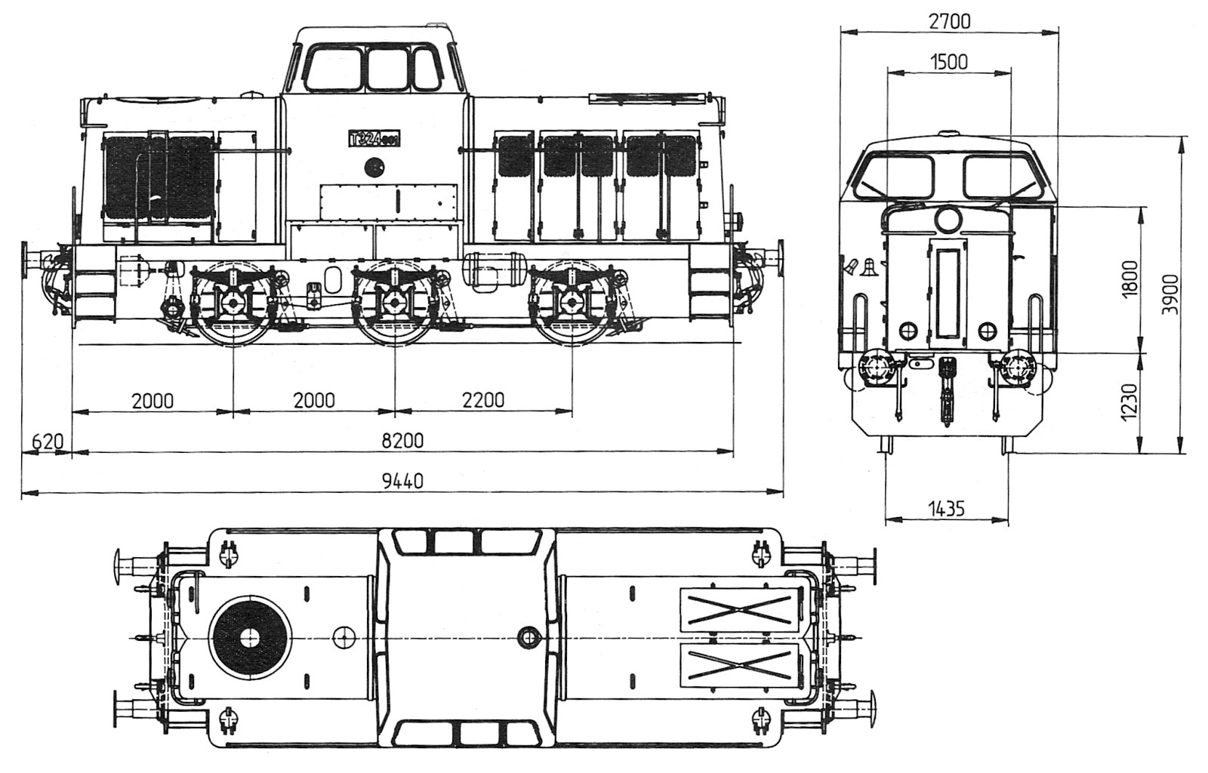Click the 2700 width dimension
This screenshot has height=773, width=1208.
(949, 21)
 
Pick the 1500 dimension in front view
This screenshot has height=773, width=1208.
(949, 61)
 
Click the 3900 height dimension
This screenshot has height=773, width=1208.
(1169, 294)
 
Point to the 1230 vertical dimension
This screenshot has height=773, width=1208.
(1130, 402)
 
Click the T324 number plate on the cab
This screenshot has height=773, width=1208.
(374, 139)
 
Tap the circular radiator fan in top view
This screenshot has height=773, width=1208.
(250, 638)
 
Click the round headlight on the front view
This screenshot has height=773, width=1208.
(948, 220)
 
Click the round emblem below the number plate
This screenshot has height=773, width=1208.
(373, 167)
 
